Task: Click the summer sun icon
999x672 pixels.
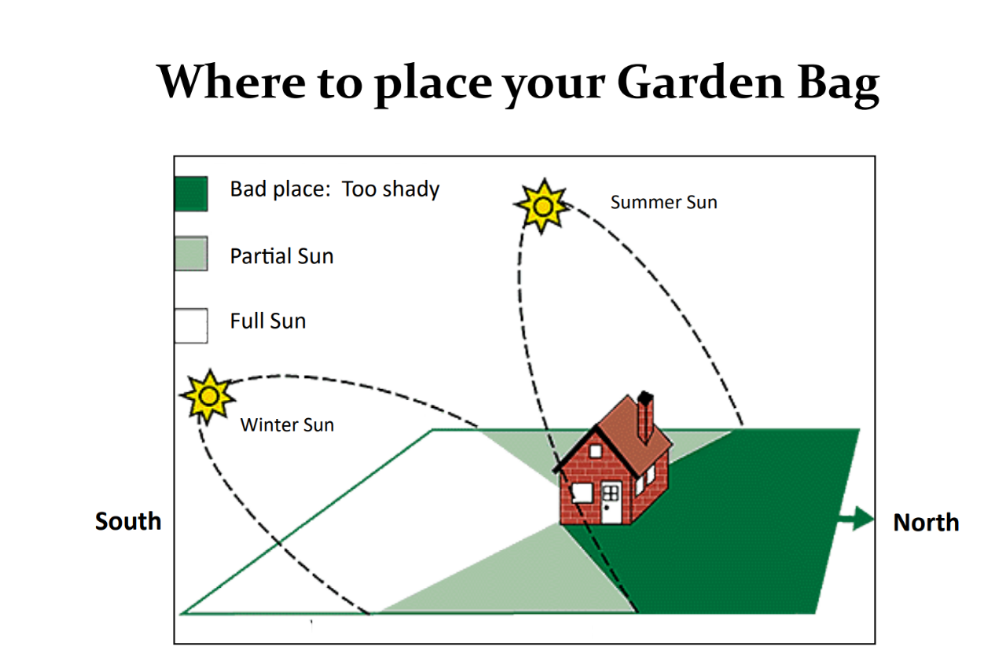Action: (x=542, y=207)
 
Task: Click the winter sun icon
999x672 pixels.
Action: (x=208, y=396)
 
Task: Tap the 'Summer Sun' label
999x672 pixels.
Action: (x=663, y=203)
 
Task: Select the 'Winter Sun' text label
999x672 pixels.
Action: (x=287, y=425)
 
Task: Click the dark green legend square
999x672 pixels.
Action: (x=191, y=193)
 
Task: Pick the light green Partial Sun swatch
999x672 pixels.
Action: (x=191, y=253)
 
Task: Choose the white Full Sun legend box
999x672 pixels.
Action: (x=191, y=325)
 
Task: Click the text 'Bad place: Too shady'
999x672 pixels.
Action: (x=335, y=189)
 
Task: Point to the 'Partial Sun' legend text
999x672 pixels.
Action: (x=281, y=256)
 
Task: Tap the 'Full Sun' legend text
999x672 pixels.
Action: (x=267, y=321)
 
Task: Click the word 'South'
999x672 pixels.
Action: (x=128, y=521)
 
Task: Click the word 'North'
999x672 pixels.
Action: (x=926, y=522)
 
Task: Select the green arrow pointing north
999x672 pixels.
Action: (x=855, y=519)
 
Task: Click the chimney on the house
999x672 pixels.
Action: (x=645, y=417)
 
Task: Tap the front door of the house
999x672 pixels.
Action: (x=611, y=502)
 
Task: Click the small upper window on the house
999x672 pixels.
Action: (x=596, y=451)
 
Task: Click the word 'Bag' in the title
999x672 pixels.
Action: (x=839, y=85)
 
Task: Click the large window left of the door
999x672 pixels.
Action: (x=582, y=493)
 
